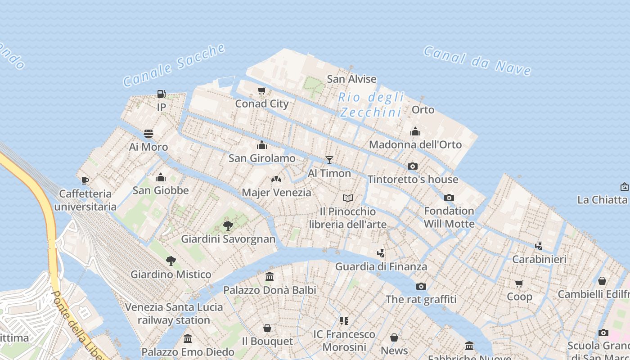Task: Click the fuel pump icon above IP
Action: coord(161,94)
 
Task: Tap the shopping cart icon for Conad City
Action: coord(262,90)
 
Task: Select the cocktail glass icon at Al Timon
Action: coord(329,160)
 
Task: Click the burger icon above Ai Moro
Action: coord(148,134)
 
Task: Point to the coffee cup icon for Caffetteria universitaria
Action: coord(85,180)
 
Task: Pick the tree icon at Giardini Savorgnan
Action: coord(228,225)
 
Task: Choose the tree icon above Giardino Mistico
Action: coord(171,261)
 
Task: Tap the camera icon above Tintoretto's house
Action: coord(413,166)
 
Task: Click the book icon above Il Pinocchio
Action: coord(348,198)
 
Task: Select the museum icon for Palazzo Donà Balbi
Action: coord(270,276)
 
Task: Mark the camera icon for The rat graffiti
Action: coord(421,286)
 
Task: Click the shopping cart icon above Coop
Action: coord(519,283)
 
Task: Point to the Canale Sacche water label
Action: coord(174,65)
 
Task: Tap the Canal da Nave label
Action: coord(477,60)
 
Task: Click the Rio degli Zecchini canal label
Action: coord(371,104)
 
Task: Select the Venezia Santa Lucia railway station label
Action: coord(174,314)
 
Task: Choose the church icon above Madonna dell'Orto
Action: coord(415,131)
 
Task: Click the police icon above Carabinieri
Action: coord(539,246)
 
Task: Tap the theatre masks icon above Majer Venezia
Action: coord(276,179)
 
